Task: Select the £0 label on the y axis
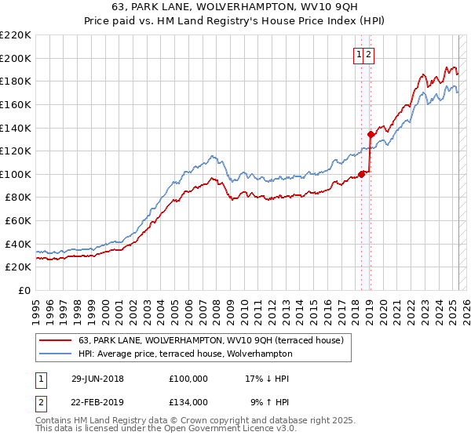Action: click(x=24, y=290)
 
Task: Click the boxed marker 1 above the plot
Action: click(x=359, y=54)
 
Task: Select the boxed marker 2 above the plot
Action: click(x=368, y=54)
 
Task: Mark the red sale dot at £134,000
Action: click(x=371, y=134)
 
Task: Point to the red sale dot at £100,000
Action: click(x=362, y=174)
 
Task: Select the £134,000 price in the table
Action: click(x=188, y=401)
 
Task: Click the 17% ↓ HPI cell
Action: click(x=267, y=379)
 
